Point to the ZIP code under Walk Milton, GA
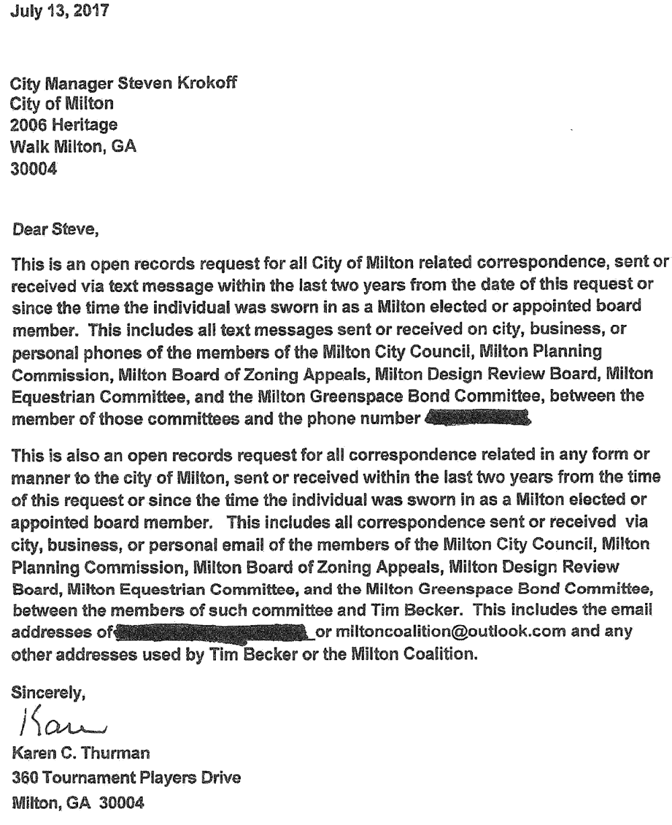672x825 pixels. (x=32, y=165)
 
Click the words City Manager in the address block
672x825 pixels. (x=54, y=85)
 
